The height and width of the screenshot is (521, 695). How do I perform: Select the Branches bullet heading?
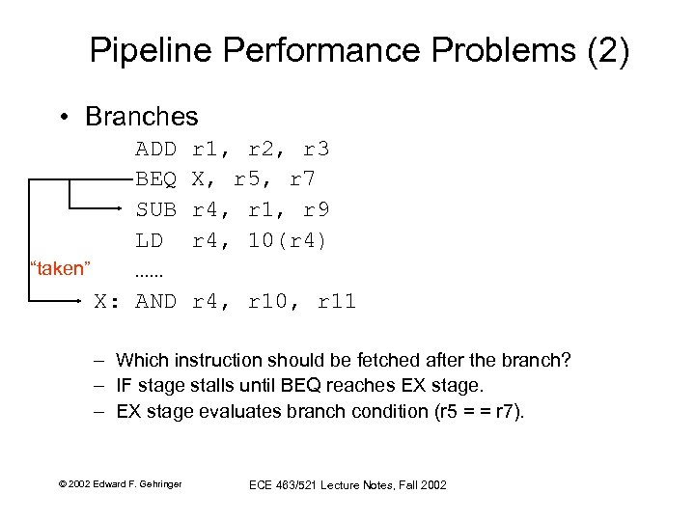[141, 117]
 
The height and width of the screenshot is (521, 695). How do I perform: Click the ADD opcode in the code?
[155, 149]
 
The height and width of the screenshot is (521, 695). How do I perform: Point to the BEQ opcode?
[155, 178]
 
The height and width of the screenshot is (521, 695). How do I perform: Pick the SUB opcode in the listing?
[155, 208]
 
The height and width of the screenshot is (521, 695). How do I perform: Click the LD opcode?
[149, 239]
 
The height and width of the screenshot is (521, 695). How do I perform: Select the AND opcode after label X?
[155, 302]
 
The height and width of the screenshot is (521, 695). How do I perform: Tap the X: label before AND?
[106, 302]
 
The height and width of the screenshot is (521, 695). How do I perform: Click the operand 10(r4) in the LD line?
[289, 239]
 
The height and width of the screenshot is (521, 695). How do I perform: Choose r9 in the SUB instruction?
[317, 208]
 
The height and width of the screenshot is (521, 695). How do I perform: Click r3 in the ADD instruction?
[317, 149]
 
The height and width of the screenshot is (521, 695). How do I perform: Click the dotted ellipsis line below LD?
[151, 271]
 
